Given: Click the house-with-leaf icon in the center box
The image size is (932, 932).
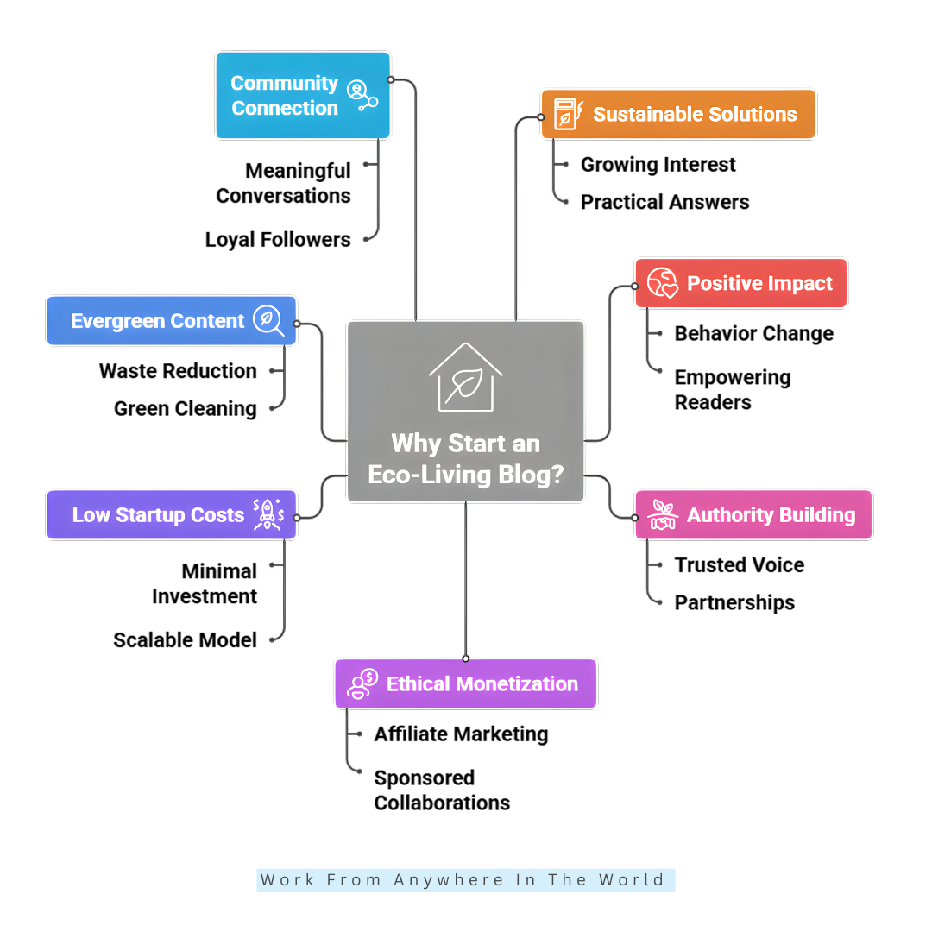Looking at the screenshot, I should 465,377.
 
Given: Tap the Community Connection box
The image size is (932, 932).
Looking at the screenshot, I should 302,96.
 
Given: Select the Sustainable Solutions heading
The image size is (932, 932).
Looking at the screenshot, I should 695,115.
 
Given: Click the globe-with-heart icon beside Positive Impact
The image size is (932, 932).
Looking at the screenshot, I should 664,283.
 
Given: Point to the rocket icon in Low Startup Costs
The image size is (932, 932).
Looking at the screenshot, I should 267,514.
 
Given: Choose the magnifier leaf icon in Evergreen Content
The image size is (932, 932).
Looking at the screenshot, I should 268,320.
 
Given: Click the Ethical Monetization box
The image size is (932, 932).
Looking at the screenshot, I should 465,684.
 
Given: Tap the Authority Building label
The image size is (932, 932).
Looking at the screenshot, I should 771,515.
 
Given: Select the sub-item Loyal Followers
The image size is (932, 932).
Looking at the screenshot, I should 278,240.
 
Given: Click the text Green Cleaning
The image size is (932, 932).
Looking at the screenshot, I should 186,408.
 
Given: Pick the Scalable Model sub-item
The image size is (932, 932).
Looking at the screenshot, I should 186,640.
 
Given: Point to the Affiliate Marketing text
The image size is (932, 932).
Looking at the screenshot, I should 461,734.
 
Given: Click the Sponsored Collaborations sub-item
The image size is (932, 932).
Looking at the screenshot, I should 441,790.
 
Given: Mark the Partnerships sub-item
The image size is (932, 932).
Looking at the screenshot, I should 734,602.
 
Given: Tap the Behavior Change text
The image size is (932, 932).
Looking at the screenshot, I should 753,334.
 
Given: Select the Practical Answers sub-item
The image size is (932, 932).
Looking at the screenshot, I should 664,202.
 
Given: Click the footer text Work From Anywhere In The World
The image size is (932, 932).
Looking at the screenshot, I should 463,880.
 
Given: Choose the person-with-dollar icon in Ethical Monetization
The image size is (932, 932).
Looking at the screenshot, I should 362,684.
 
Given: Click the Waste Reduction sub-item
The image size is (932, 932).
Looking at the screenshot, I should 178,371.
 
